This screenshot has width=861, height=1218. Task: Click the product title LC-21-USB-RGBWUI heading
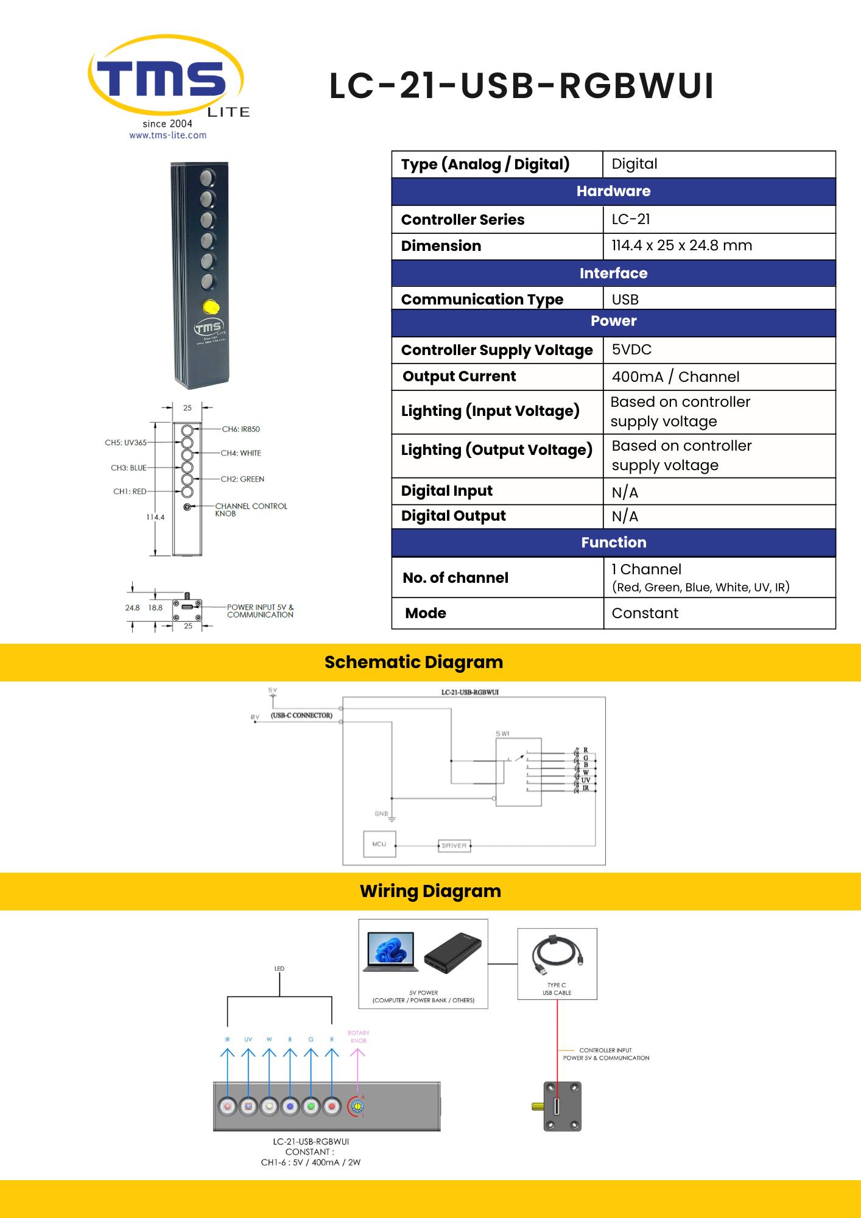(x=521, y=86)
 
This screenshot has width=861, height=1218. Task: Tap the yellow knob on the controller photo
(x=211, y=307)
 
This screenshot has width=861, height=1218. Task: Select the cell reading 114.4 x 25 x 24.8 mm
(x=682, y=245)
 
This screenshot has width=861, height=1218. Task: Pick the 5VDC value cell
(x=631, y=350)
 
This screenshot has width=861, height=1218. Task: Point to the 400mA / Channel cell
(x=675, y=377)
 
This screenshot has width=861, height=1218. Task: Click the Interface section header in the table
(x=613, y=273)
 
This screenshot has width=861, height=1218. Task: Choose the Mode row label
(x=426, y=613)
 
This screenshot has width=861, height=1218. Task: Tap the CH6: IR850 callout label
(x=241, y=429)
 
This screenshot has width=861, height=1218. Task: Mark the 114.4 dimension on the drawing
(x=155, y=517)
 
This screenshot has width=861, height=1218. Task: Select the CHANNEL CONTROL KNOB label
(x=251, y=510)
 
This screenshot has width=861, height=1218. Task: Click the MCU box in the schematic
(x=379, y=844)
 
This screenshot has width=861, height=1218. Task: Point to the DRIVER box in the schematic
(x=454, y=845)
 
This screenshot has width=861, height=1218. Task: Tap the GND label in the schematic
(x=381, y=814)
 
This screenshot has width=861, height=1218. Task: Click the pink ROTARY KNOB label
(x=358, y=1037)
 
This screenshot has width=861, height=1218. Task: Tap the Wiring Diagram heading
(x=430, y=891)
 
